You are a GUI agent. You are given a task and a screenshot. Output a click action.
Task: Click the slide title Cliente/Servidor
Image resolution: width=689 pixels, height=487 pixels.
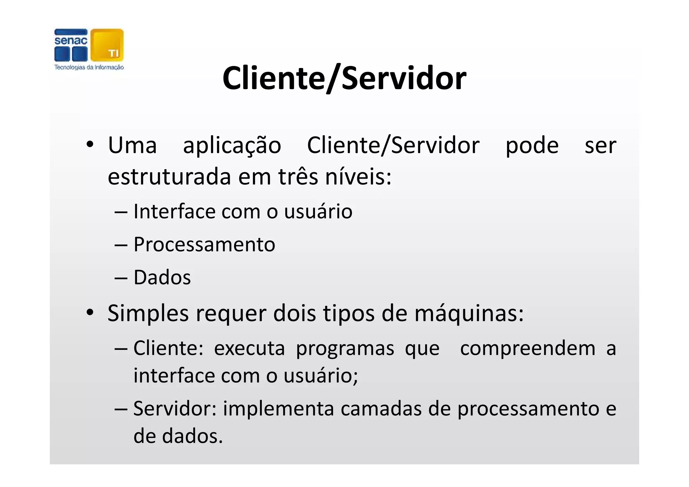pos(344,78)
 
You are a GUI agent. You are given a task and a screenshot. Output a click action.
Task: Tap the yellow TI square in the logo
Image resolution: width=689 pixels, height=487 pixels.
pos(107,45)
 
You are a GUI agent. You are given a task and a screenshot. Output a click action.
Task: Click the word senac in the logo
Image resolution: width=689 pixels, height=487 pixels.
pos(71,41)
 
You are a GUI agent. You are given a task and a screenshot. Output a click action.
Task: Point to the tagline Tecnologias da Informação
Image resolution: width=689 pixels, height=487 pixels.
pos(89,67)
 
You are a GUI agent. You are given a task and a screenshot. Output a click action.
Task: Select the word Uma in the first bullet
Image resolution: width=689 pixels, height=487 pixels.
pos(132,146)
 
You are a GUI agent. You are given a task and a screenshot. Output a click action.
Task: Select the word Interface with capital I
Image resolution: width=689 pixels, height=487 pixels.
pos(174,212)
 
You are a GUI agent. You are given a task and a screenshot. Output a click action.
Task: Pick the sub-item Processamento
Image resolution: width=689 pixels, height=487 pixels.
pos(204,245)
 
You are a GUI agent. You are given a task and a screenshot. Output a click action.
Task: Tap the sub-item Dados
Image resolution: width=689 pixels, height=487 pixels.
pos(162,277)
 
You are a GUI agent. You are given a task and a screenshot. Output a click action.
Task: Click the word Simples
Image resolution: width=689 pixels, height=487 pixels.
pos(148,313)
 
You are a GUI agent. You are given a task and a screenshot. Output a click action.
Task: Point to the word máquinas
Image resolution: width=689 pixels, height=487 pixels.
pos(469,313)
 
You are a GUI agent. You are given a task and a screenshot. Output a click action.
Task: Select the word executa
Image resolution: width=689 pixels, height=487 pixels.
pos(249,348)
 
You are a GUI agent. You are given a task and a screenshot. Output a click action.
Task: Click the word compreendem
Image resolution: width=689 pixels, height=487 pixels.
pos(528,348)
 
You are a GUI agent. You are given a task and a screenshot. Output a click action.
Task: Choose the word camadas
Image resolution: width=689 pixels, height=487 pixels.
pos(381,409)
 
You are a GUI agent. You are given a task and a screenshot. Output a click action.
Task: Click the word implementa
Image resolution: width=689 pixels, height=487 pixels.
pos(278,409)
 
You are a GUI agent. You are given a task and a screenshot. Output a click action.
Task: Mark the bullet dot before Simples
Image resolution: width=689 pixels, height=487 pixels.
pos(89,313)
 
